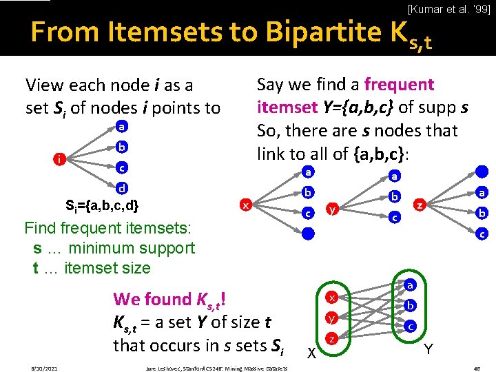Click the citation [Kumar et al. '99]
(x=448, y=9)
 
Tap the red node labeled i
(x=61, y=160)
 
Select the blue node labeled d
(x=121, y=187)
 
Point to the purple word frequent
(x=399, y=85)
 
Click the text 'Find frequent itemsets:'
(x=109, y=227)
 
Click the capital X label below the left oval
(x=311, y=353)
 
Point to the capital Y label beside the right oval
(x=429, y=350)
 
